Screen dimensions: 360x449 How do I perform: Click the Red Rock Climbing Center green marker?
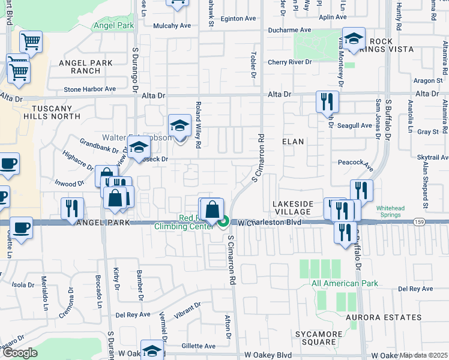click(x=223, y=223)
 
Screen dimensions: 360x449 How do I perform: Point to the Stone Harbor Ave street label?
click(x=89, y=89)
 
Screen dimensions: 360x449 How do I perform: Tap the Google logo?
click(x=20, y=353)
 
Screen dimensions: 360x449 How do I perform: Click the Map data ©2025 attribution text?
click(x=423, y=355)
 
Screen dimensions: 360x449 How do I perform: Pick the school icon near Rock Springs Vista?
click(x=354, y=39)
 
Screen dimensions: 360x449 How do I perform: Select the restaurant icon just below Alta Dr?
click(x=328, y=102)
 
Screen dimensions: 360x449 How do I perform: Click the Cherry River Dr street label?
click(x=290, y=62)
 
